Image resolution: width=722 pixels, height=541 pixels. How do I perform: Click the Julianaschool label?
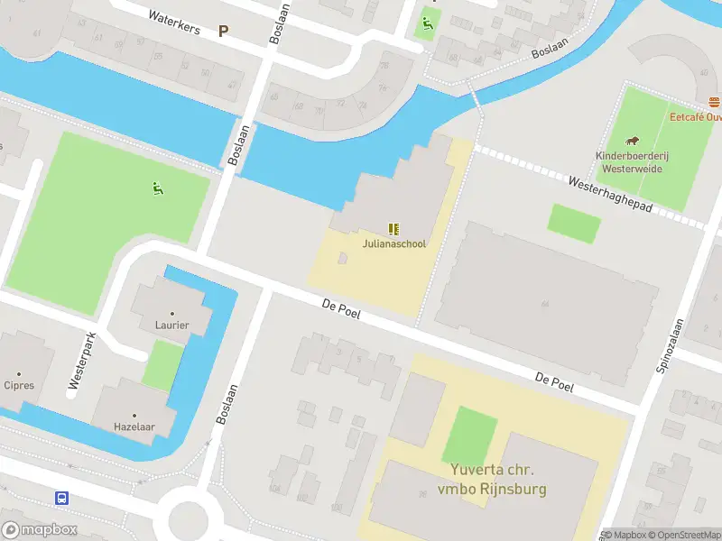[x=393, y=243]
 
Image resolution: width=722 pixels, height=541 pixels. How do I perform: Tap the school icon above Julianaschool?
[x=393, y=229]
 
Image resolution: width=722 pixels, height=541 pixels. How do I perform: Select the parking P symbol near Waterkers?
[x=223, y=31]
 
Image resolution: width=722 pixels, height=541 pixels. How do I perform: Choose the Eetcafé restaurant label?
[x=695, y=116]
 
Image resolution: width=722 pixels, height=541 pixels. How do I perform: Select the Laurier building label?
[x=171, y=325]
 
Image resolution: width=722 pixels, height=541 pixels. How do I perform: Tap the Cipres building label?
[x=19, y=385]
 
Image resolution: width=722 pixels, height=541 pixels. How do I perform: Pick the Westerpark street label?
[x=81, y=362]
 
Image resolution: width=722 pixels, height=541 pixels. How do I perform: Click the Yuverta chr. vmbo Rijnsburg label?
[x=493, y=480]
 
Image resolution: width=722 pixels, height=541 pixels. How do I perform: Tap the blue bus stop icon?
[x=62, y=498]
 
